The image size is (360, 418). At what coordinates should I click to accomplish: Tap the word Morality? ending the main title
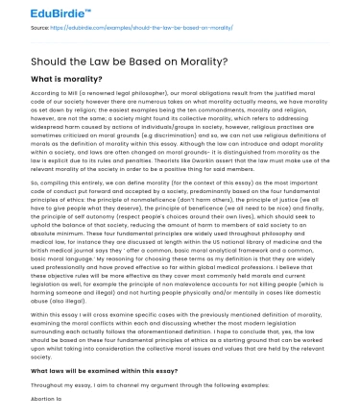click(198, 63)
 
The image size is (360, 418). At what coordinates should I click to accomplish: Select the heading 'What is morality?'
click(71, 81)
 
